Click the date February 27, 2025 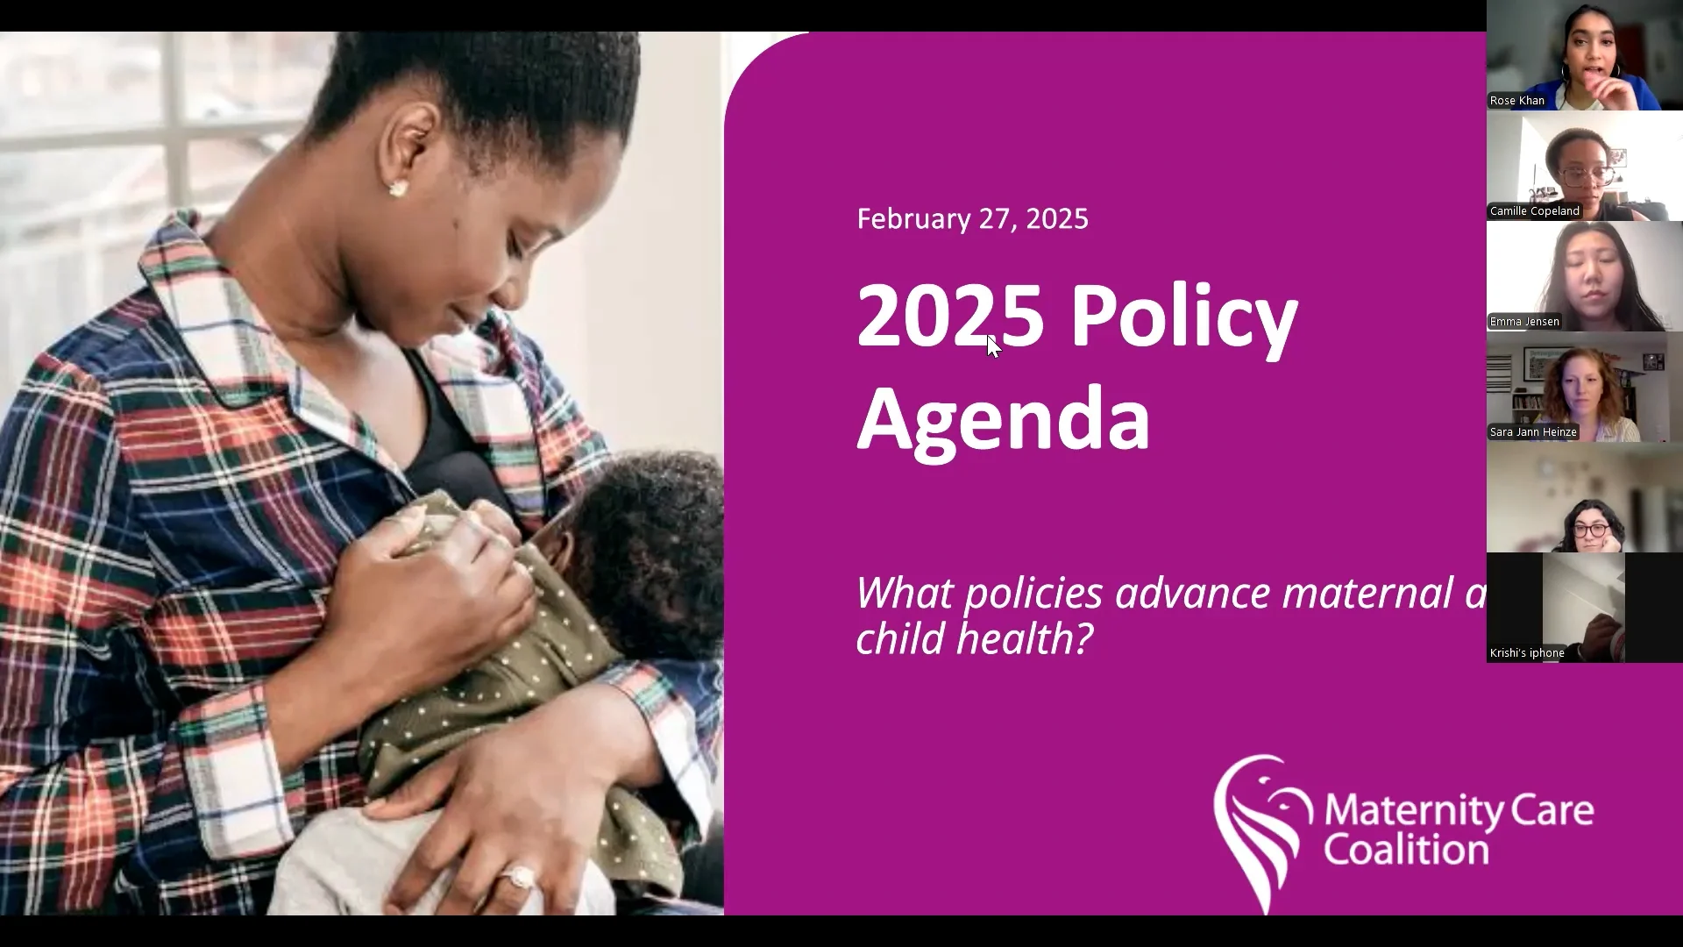click(972, 219)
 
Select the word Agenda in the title click(1003, 419)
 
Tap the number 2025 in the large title click(949, 316)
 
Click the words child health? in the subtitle click(974, 638)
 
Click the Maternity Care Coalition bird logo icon click(1261, 829)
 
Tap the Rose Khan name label click(1516, 101)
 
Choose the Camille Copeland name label click(1534, 211)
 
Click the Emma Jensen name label click(1524, 322)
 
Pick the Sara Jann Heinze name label click(1533, 432)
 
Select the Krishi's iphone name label click(1527, 653)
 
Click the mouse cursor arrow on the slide click(992, 345)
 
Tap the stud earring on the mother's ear click(397, 189)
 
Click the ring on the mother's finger click(519, 876)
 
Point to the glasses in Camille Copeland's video click(1587, 174)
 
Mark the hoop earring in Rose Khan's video click(1566, 71)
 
